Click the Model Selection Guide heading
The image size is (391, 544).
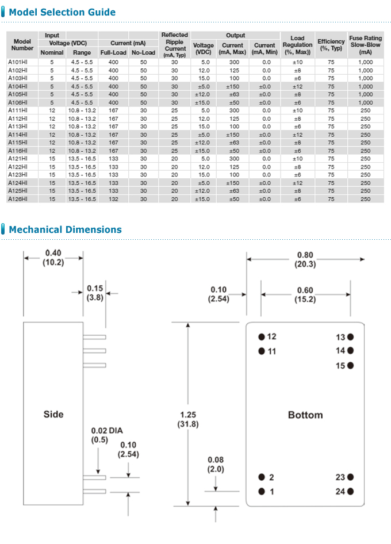click(x=62, y=12)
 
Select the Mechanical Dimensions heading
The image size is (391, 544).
click(x=65, y=229)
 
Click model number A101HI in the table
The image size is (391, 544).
click(x=18, y=62)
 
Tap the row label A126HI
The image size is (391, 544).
click(x=18, y=199)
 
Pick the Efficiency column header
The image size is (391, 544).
click(x=331, y=45)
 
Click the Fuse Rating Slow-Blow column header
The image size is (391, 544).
click(x=365, y=45)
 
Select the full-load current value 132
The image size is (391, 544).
click(x=113, y=199)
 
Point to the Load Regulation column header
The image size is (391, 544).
click(x=297, y=45)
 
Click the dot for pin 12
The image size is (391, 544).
click(x=262, y=336)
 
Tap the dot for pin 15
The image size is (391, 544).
click(x=350, y=365)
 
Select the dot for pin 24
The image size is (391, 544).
click(x=350, y=491)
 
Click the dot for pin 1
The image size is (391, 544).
click(x=262, y=491)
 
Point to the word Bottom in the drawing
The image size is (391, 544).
click(x=305, y=415)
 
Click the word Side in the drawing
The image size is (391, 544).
click(x=53, y=414)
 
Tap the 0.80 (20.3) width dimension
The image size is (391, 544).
click(x=305, y=259)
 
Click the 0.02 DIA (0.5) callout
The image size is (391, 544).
click(x=107, y=435)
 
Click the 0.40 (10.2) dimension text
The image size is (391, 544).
click(x=53, y=257)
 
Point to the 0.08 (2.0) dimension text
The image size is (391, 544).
click(x=216, y=465)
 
